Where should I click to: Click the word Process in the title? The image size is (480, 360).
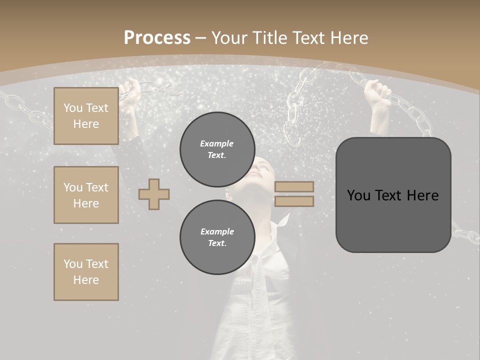coord(157,37)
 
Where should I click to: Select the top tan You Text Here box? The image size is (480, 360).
coord(86,116)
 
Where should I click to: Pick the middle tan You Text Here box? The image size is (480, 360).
coord(86,195)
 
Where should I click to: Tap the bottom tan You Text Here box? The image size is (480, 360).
coord(86,271)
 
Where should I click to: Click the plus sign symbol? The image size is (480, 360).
coord(154,194)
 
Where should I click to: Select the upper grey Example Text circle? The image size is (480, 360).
coord(217,149)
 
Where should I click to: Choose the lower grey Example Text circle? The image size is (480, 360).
coord(217,237)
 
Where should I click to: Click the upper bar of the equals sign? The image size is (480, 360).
coord(294,186)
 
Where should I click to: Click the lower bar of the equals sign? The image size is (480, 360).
coord(294,201)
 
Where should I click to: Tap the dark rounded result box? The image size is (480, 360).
coord(393,195)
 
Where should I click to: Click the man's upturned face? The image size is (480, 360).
coord(262,172)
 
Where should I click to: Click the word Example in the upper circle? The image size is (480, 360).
coord(216,143)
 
